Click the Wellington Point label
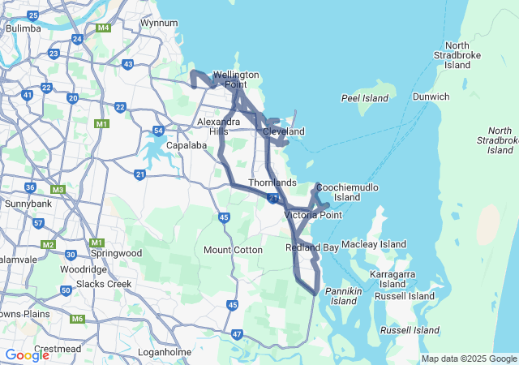click(x=235, y=79)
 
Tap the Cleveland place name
click(x=283, y=131)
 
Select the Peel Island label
click(x=365, y=98)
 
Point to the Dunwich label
click(x=431, y=97)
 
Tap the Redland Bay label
click(x=312, y=247)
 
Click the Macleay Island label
click(x=374, y=243)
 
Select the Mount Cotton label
click(x=233, y=250)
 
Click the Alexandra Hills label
click(x=218, y=127)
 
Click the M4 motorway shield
click(x=103, y=28)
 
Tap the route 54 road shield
click(x=159, y=130)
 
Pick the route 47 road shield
click(x=237, y=333)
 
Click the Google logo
click(x=27, y=354)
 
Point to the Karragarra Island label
click(x=392, y=279)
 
